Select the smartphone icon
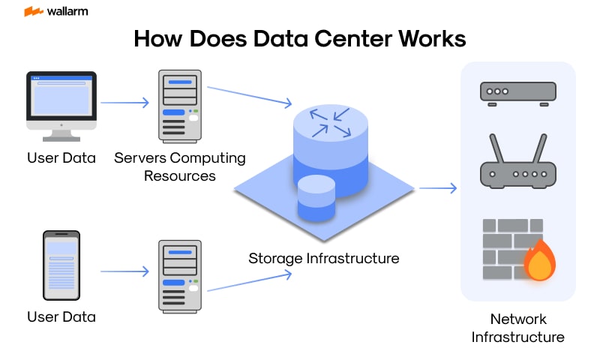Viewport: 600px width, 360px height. point(61,265)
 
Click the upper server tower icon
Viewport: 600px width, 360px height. point(180,106)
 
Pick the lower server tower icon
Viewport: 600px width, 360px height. point(180,275)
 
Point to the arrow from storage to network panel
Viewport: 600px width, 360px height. point(437,187)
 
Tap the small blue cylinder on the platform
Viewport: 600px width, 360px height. point(316,198)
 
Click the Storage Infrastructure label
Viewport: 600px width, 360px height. point(323,258)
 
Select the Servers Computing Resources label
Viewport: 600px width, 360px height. point(180,166)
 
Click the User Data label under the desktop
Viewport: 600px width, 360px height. point(61,157)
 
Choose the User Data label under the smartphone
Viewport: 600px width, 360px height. point(61,316)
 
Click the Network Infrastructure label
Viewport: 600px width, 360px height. point(517,328)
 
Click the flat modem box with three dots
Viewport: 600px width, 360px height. point(517,92)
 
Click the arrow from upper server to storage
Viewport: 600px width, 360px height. point(249,96)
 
